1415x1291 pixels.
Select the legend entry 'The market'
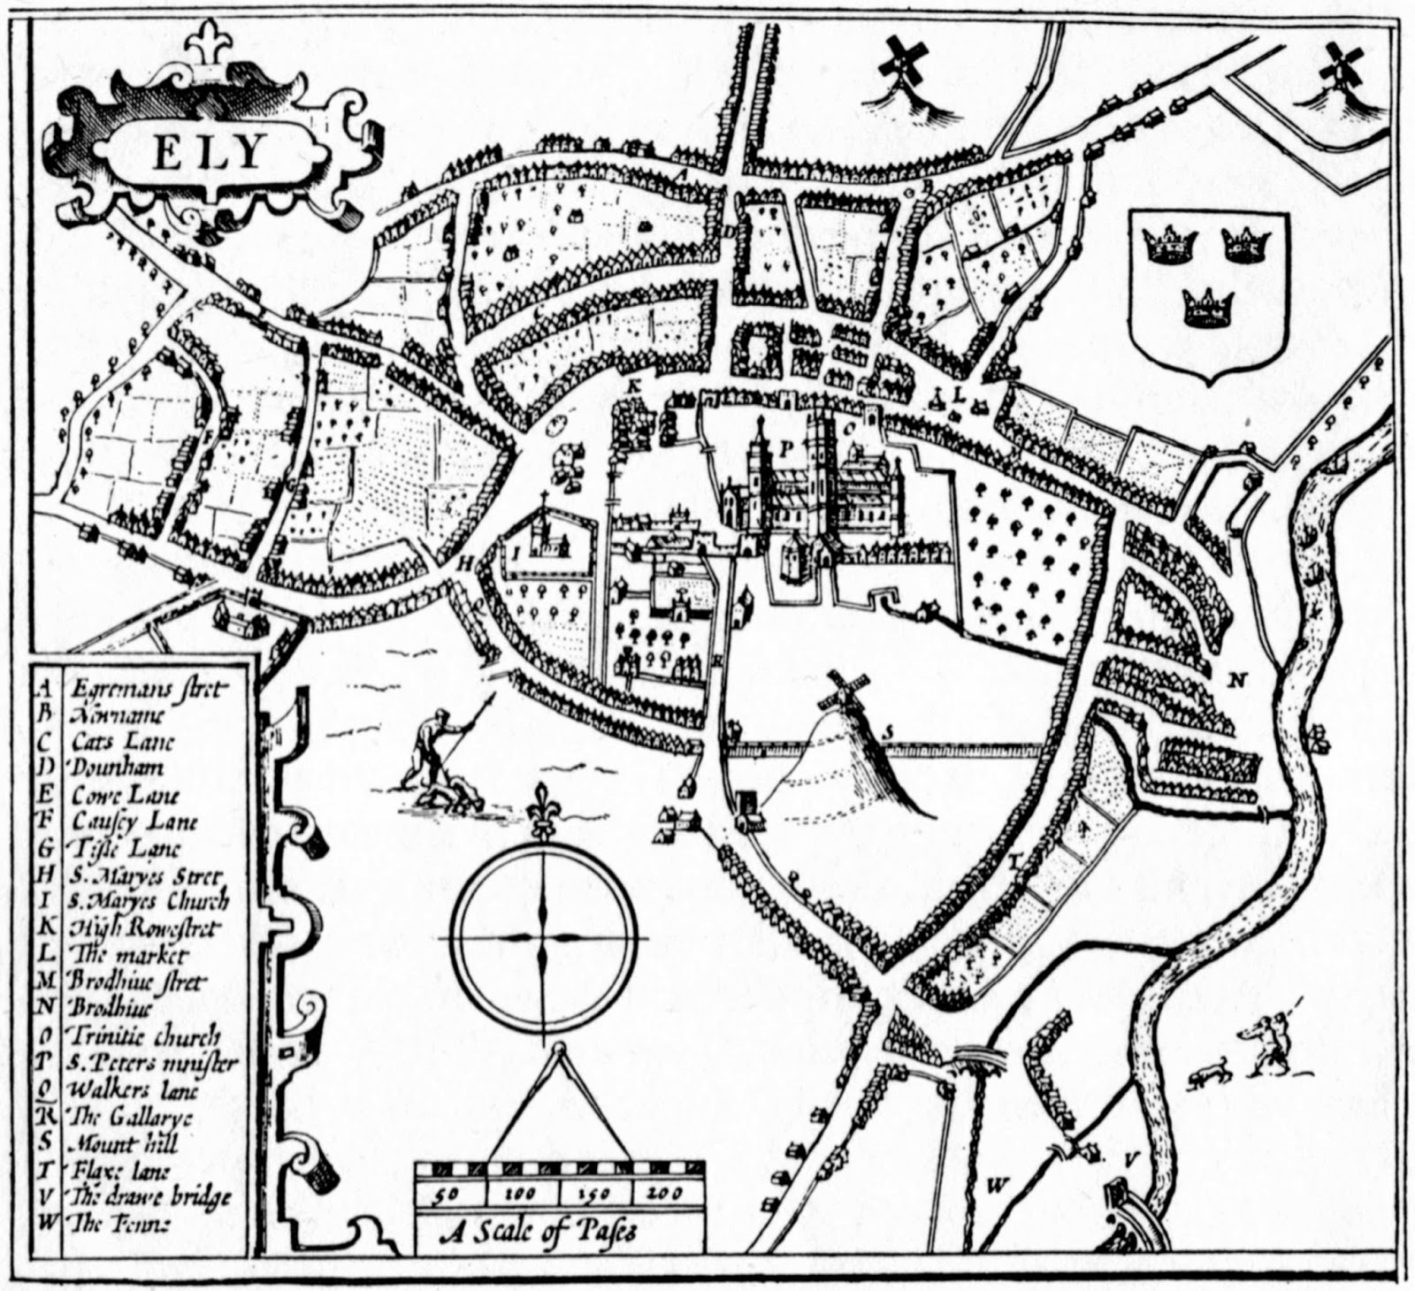point(127,955)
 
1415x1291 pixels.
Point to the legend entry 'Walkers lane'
point(125,1089)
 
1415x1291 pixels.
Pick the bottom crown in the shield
point(1207,309)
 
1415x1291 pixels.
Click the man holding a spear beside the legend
point(438,747)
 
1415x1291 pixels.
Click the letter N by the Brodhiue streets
point(1236,680)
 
